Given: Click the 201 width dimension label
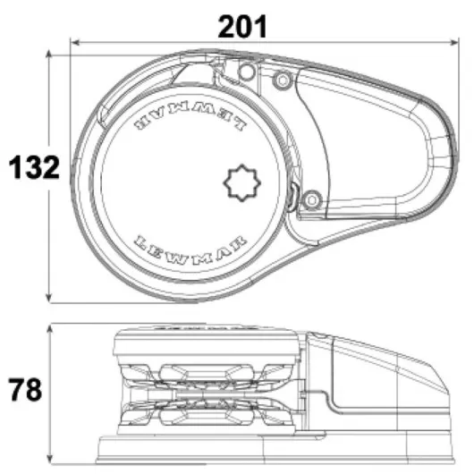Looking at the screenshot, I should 242,26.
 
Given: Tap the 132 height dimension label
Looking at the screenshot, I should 34,166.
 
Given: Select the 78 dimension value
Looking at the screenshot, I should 28,391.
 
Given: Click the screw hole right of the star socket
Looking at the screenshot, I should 311,198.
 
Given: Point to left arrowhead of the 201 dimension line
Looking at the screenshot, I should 75,41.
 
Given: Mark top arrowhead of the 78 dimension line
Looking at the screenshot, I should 50,326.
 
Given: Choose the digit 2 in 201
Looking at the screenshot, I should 224,26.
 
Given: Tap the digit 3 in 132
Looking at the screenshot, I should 34,166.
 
